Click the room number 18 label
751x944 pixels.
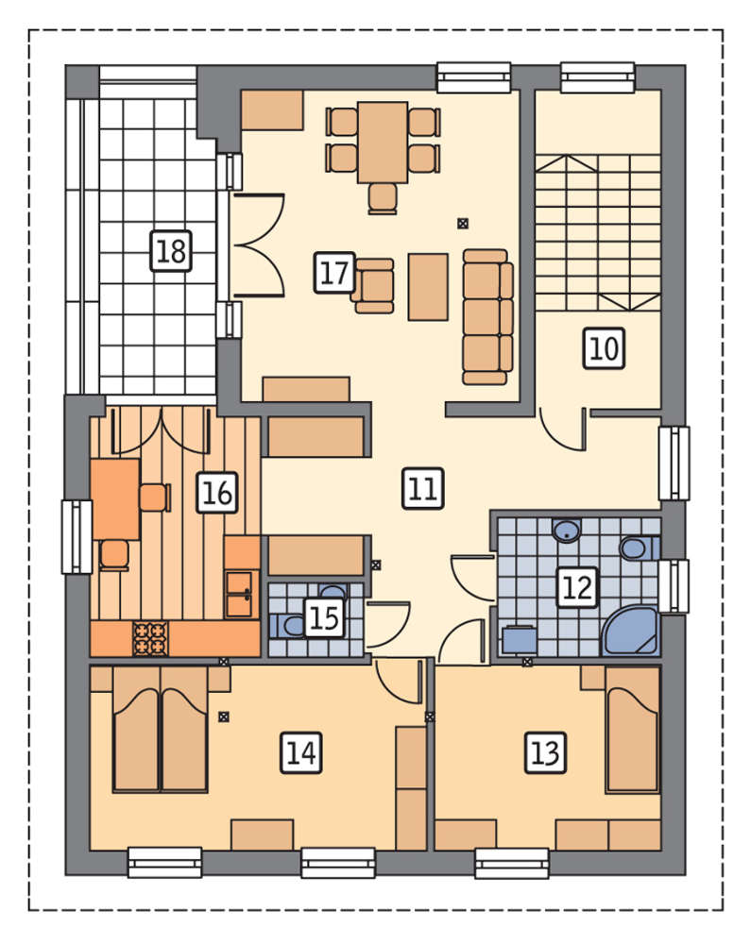[171, 250]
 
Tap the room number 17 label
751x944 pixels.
[334, 273]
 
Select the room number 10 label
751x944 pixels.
[604, 348]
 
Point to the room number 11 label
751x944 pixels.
[423, 488]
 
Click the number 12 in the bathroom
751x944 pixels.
[577, 587]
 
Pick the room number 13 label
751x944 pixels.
[546, 752]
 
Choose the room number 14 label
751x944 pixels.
[301, 752]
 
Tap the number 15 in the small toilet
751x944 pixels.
[324, 617]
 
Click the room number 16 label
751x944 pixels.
[217, 493]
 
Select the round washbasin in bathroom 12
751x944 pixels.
[567, 531]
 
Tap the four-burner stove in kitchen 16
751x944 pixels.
[150, 638]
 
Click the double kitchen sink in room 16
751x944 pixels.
[239, 594]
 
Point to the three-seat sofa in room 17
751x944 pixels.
[487, 316]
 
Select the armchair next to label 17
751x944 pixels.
[373, 286]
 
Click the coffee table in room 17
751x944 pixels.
[428, 287]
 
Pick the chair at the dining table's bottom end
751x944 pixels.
[383, 198]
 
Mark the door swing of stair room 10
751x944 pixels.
[563, 431]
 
